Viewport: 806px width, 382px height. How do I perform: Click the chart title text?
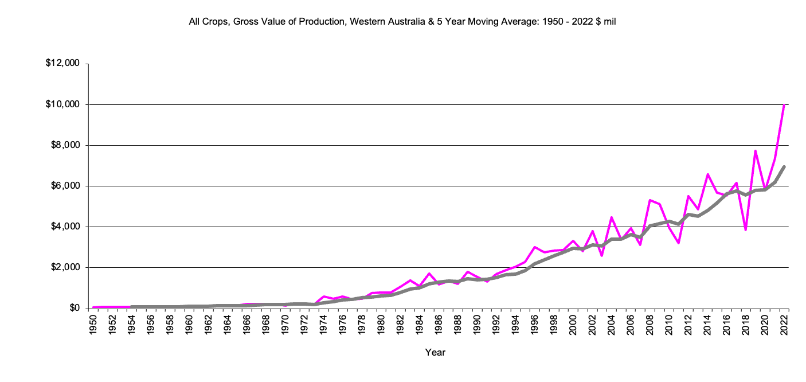click(x=402, y=22)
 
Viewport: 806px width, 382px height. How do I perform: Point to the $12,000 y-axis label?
click(x=63, y=64)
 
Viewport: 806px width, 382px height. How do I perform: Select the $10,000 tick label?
click(x=63, y=104)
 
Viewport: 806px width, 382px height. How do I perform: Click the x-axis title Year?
click(x=435, y=352)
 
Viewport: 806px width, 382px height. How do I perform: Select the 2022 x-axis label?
click(x=784, y=325)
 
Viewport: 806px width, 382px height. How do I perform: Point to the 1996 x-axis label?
click(x=535, y=325)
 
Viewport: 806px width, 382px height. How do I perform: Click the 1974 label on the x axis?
click(x=324, y=325)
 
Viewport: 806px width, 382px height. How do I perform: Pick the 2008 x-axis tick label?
click(x=650, y=325)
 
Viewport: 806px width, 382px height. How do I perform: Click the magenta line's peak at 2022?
click(x=784, y=105)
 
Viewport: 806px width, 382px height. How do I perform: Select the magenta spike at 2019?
click(x=756, y=151)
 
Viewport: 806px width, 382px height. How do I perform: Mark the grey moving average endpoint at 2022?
click(x=784, y=167)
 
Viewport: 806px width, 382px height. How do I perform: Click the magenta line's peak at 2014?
click(x=707, y=174)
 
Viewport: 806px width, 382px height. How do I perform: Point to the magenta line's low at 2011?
click(x=679, y=243)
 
